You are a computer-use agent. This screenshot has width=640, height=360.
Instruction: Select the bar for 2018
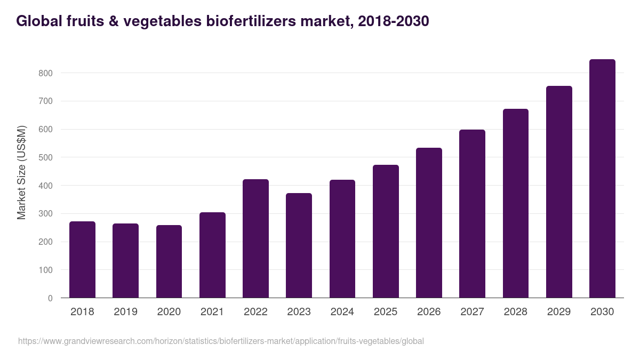click(x=82, y=260)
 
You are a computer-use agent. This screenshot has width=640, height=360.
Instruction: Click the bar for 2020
click(x=169, y=261)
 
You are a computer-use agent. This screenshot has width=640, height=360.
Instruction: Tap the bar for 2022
click(x=255, y=238)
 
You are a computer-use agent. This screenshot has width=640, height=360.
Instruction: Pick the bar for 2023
click(x=299, y=245)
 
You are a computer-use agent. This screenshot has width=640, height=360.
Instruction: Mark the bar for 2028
click(x=516, y=203)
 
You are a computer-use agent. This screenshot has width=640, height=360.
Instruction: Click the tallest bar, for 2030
click(x=602, y=179)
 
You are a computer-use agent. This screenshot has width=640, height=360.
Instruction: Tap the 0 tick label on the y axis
click(x=50, y=298)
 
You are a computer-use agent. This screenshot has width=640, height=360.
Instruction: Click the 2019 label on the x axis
click(x=125, y=312)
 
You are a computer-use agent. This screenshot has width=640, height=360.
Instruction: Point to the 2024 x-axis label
click(x=342, y=312)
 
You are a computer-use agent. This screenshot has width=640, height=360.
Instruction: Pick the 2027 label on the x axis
click(x=472, y=312)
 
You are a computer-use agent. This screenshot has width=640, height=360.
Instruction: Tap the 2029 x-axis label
click(x=559, y=312)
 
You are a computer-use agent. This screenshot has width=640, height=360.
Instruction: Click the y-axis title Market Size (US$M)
click(x=21, y=172)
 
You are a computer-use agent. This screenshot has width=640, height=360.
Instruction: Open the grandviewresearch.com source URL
click(x=221, y=341)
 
